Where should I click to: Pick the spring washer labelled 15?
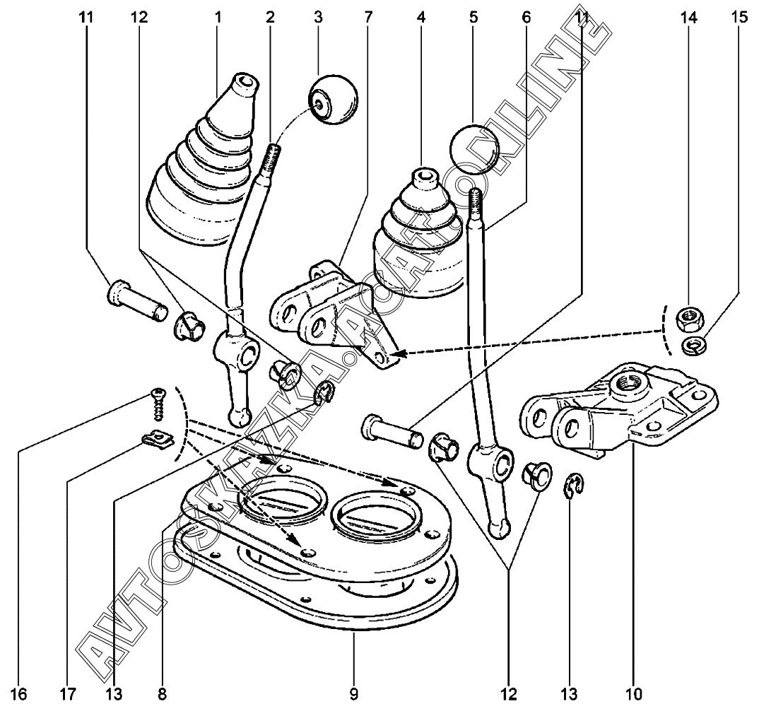click(690, 345)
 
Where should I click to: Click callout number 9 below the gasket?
click(353, 695)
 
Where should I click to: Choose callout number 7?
click(368, 17)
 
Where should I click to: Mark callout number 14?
click(689, 17)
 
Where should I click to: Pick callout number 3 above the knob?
click(318, 17)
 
